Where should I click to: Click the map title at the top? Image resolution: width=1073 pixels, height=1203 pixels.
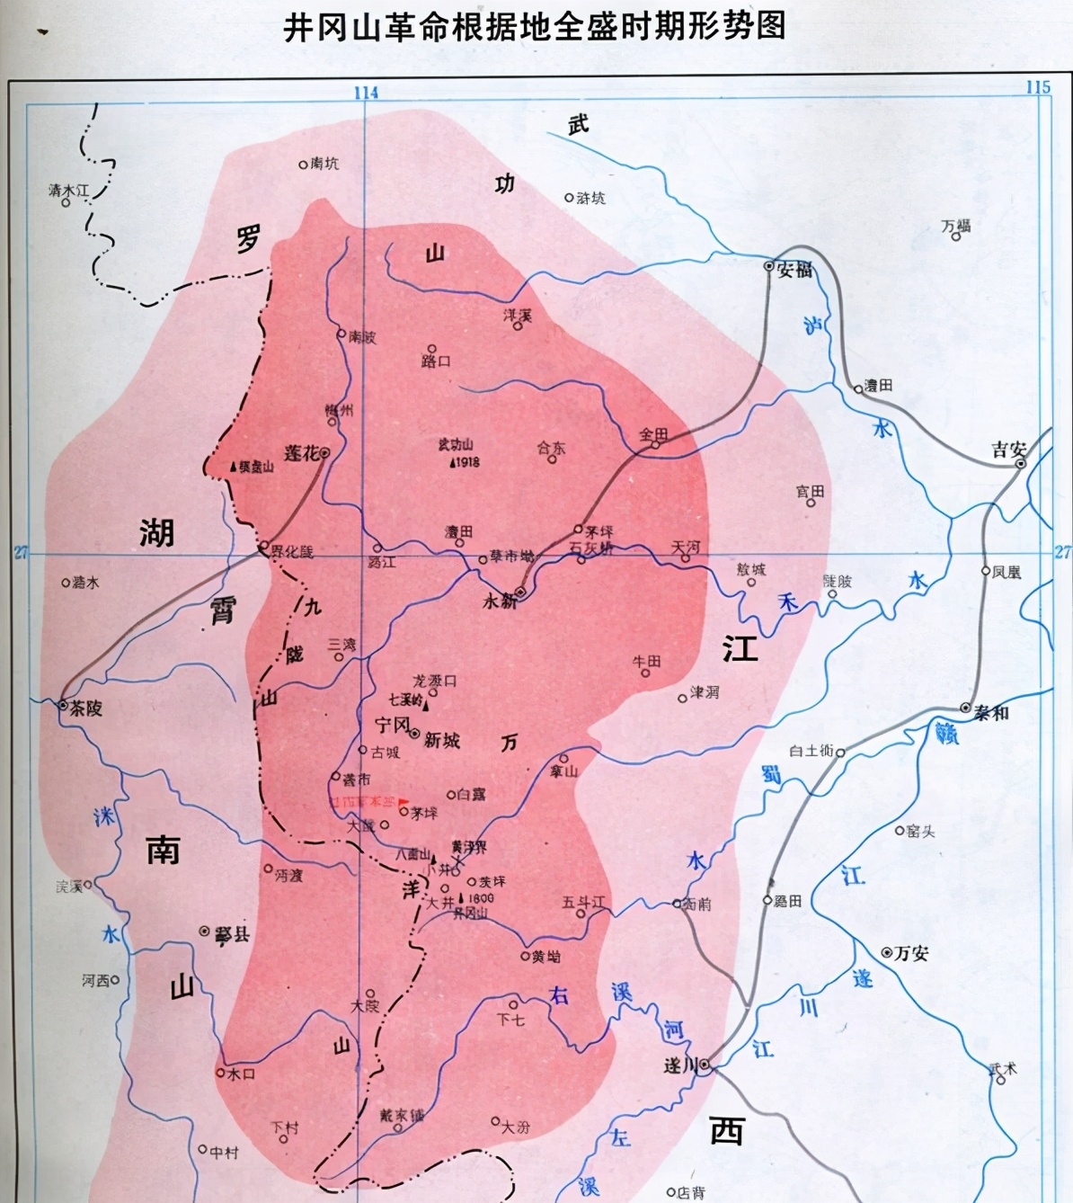(x=535, y=26)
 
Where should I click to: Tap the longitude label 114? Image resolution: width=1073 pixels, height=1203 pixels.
(x=366, y=93)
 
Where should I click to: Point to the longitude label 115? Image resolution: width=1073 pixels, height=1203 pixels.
(x=1038, y=87)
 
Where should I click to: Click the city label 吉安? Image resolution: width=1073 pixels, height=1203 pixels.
(x=1008, y=450)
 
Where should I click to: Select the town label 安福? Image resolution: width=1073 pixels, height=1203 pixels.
(x=794, y=270)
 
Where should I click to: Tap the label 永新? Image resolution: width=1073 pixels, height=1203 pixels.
(x=500, y=601)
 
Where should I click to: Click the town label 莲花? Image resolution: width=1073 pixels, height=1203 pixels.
(x=301, y=453)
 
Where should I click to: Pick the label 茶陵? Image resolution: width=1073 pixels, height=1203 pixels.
(x=86, y=708)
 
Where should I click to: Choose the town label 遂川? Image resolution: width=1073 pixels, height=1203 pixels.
(x=680, y=1066)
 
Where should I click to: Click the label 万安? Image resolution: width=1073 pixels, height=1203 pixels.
(x=911, y=953)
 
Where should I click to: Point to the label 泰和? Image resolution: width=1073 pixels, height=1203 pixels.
(x=992, y=712)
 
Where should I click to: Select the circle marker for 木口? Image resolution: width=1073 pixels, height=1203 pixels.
(x=220, y=1073)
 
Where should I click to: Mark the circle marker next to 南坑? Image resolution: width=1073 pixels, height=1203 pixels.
(x=303, y=165)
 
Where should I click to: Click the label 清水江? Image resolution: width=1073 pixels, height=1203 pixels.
(x=69, y=191)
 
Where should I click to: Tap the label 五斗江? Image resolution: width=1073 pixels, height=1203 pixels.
(x=583, y=902)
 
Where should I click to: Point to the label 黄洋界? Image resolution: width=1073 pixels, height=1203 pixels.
(x=469, y=847)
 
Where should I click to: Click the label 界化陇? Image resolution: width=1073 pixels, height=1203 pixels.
(x=292, y=551)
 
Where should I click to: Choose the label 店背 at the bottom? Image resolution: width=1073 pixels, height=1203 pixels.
(x=691, y=1192)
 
